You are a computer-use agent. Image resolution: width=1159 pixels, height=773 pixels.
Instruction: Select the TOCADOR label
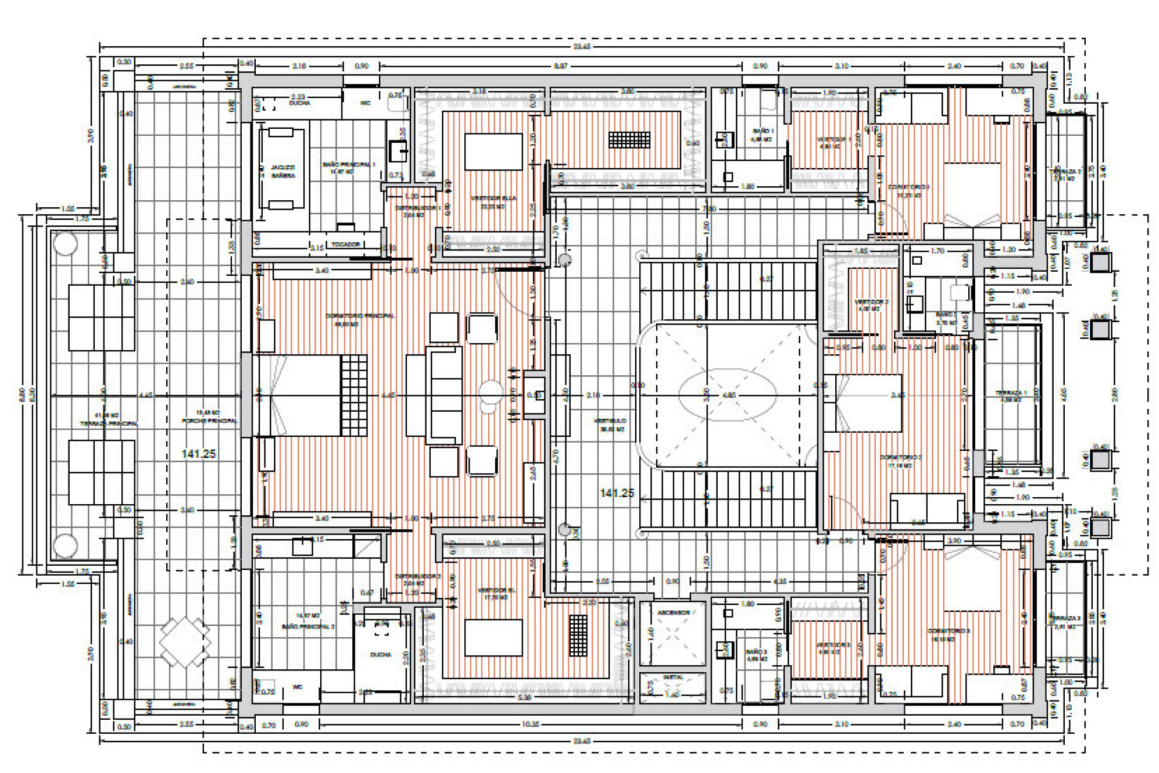click(345, 244)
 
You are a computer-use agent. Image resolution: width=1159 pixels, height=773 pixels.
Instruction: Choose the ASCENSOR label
click(673, 613)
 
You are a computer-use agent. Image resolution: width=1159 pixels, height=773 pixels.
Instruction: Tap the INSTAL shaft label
click(673, 677)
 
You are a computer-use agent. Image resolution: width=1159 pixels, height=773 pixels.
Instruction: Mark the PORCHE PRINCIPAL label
click(209, 420)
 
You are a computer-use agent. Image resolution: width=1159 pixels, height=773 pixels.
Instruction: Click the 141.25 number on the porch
click(198, 454)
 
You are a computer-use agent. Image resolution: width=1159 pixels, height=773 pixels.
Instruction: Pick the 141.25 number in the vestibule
click(617, 493)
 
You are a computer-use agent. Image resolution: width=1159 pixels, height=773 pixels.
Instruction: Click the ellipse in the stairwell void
click(728, 394)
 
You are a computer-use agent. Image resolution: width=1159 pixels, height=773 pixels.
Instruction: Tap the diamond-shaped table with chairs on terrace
click(184, 642)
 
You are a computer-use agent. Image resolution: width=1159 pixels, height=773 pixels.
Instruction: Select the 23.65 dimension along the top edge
click(581, 46)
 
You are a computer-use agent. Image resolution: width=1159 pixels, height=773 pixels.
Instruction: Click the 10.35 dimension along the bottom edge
click(530, 724)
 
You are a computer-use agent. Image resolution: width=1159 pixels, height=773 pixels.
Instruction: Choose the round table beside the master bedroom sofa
click(490, 391)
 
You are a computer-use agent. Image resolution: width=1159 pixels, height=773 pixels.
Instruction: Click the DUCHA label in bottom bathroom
click(380, 655)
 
